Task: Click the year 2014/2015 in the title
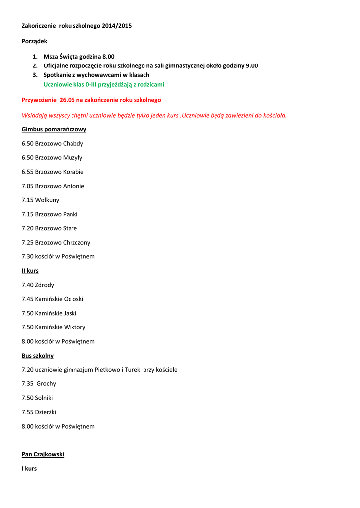point(117,26)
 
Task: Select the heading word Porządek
point(34,41)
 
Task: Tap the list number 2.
point(35,65)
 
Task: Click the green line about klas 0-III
point(104,84)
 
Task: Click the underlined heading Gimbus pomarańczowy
point(54,129)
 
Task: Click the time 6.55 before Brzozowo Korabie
point(28,172)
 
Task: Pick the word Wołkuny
point(47,200)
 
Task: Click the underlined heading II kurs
point(30,271)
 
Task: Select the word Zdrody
point(45,285)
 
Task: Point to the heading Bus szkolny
point(38,356)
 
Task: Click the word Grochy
point(46,384)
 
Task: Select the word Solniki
point(44,398)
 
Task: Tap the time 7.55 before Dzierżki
point(28,412)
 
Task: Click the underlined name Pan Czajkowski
point(43,454)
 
